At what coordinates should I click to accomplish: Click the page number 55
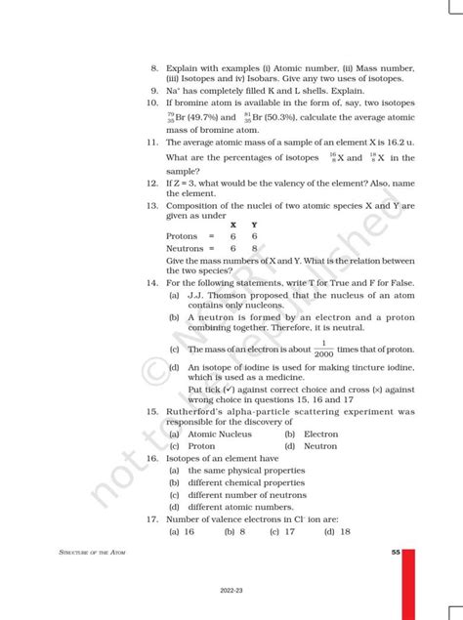tap(395, 553)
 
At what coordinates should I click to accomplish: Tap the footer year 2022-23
tap(231, 591)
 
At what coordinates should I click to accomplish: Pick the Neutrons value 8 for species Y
tap(254, 248)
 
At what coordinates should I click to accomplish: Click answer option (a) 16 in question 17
tap(183, 531)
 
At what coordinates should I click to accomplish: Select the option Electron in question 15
tap(320, 434)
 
